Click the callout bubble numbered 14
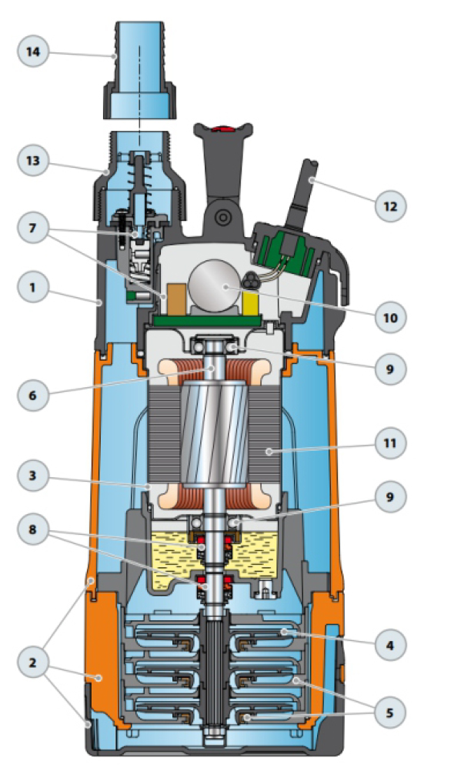click(x=33, y=52)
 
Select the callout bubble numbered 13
click(x=33, y=161)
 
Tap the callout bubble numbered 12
click(x=390, y=205)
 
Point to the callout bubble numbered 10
click(x=390, y=317)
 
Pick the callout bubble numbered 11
click(x=390, y=442)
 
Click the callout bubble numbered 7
click(x=33, y=229)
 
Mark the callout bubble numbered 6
click(x=33, y=396)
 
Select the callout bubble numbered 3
click(x=33, y=476)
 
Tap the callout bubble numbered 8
click(x=33, y=529)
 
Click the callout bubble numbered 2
click(x=33, y=663)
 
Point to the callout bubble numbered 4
click(x=390, y=646)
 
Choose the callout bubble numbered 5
click(x=390, y=713)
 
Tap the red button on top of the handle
click(x=222, y=129)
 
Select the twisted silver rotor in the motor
click(x=215, y=434)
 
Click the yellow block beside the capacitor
click(x=251, y=304)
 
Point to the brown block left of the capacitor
click(x=177, y=300)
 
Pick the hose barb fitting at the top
click(x=140, y=70)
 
